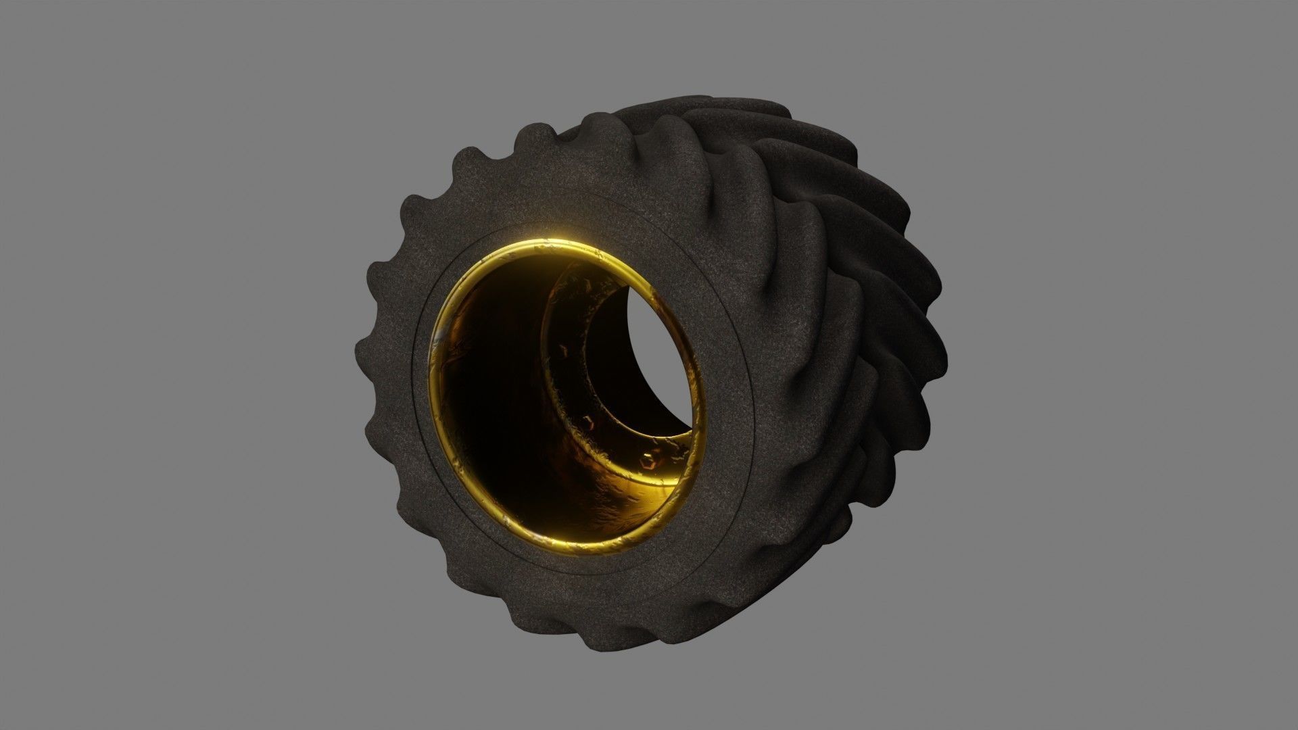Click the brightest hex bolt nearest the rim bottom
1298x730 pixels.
click(648, 462)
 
